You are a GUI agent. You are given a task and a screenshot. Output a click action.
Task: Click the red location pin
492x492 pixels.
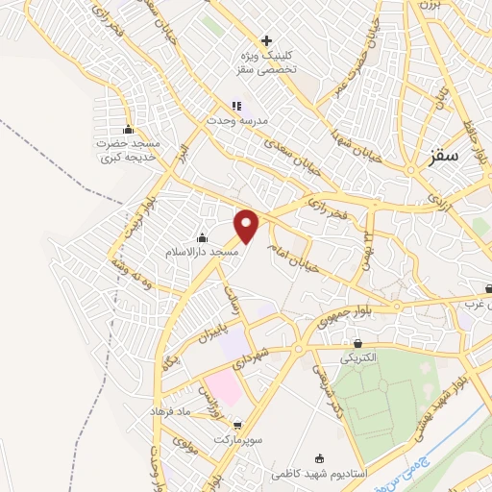(247, 226)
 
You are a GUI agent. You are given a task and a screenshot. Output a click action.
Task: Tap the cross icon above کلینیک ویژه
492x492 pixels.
(266, 39)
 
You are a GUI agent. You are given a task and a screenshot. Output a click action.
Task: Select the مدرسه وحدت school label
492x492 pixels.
(235, 121)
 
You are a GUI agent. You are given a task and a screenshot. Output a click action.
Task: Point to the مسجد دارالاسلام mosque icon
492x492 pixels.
(202, 237)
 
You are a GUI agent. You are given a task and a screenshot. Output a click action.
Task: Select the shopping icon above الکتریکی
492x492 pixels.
(359, 342)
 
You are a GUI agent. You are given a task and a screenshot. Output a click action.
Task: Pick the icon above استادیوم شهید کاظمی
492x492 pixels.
(319, 457)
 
